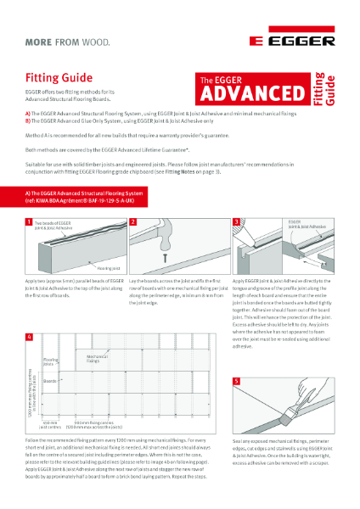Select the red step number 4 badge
tap(29, 337)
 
